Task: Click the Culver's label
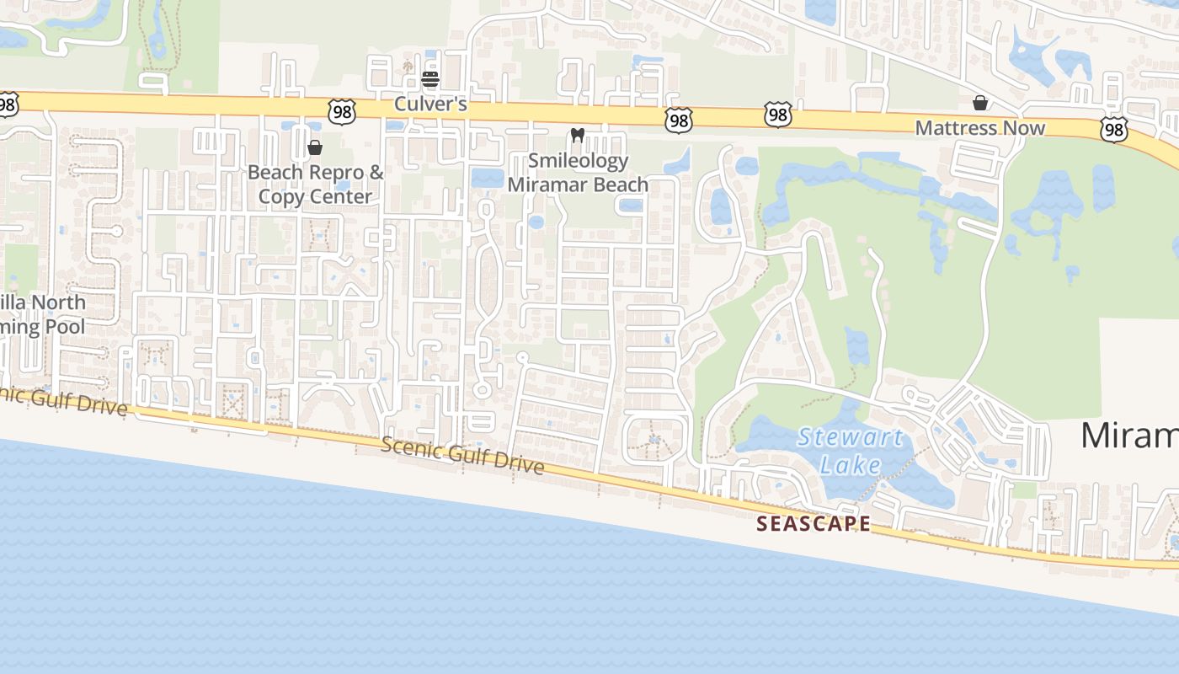click(x=431, y=106)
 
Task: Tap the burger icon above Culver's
click(x=430, y=80)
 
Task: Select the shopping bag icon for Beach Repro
click(x=315, y=148)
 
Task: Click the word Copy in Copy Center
click(x=279, y=197)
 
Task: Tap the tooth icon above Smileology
click(x=577, y=135)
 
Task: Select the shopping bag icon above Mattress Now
click(x=980, y=103)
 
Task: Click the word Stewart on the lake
click(x=850, y=437)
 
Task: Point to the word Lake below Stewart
click(x=851, y=464)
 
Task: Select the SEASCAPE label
click(x=814, y=523)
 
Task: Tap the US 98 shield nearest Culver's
click(x=343, y=111)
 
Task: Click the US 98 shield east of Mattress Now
click(x=1114, y=129)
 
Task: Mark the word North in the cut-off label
click(x=60, y=302)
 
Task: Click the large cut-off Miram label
click(x=1128, y=436)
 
